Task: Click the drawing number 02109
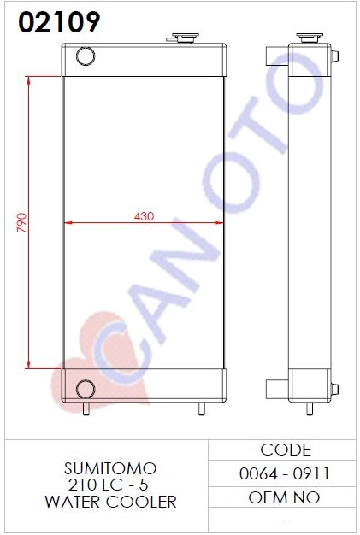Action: tap(59, 22)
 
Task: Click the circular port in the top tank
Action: tap(86, 56)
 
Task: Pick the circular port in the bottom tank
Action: tap(86, 389)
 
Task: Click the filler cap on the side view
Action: tap(310, 38)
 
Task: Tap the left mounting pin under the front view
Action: tap(86, 409)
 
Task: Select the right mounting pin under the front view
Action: tap(202, 409)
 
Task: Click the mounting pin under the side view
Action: tap(310, 409)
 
